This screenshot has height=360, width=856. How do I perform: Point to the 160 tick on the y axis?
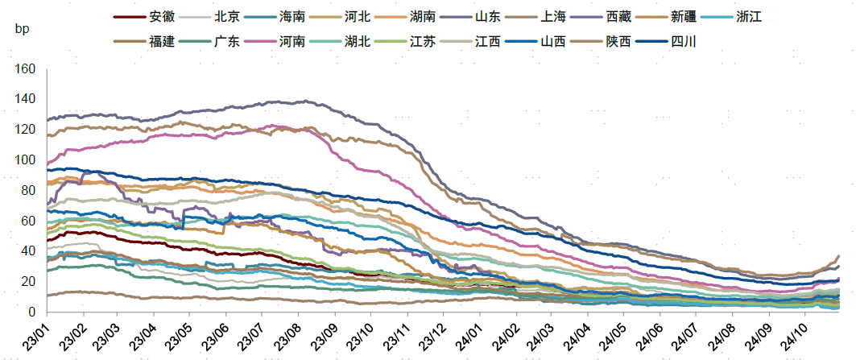(25, 69)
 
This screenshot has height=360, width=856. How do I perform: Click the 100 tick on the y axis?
(25, 160)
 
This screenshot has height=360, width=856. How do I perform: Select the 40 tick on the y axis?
(28, 251)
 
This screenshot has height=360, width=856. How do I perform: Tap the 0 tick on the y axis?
(31, 312)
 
